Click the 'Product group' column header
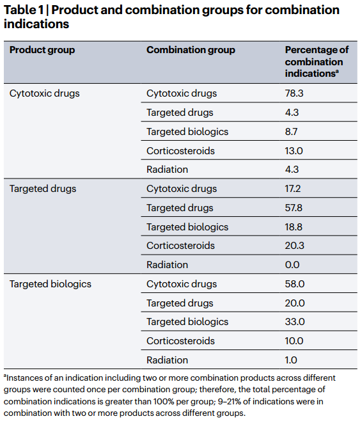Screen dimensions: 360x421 coord(42,50)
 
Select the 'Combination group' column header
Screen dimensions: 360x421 coord(191,50)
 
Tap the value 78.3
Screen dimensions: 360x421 coord(294,93)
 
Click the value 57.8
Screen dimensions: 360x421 coord(293,208)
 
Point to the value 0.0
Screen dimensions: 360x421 coord(292,265)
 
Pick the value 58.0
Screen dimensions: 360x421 coord(295,284)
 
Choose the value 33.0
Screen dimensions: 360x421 coord(295,322)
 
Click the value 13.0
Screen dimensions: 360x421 coord(293,151)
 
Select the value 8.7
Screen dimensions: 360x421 coord(291,132)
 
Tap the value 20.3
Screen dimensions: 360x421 coord(295,246)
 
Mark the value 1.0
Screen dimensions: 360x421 coord(291,360)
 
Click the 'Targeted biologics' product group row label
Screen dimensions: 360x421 coord(51,284)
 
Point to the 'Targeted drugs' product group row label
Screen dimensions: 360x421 coord(43,189)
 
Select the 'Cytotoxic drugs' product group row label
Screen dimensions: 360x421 coord(45,93)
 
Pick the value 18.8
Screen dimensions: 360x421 coord(293,227)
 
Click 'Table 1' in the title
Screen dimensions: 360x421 coord(24,10)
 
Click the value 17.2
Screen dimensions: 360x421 coord(293,189)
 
